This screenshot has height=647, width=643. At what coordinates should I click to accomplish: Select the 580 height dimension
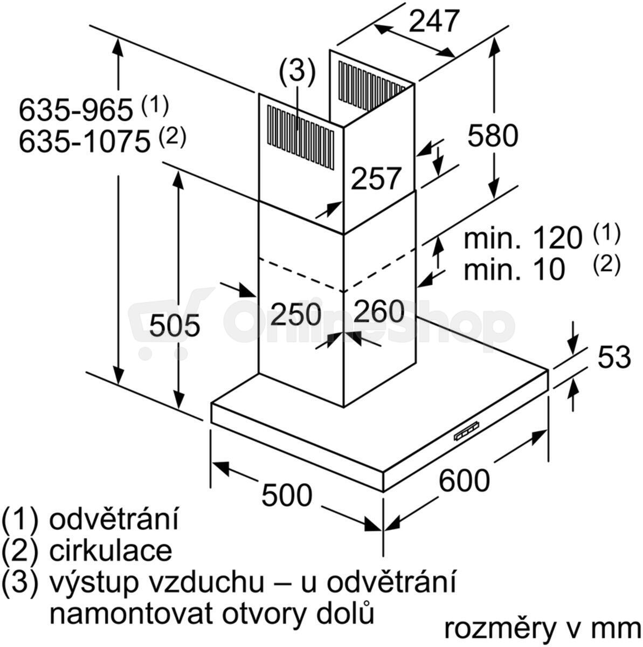tap(493, 135)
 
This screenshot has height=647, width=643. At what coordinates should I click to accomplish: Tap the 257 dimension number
tap(376, 178)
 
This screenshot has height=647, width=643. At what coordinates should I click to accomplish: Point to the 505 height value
tap(174, 325)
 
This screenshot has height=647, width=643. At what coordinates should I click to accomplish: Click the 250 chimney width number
tap(295, 314)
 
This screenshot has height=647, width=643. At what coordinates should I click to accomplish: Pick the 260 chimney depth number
tap(378, 311)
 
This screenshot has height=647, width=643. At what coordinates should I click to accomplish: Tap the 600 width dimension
tap(464, 480)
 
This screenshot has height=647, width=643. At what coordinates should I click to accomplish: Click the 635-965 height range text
tap(75, 110)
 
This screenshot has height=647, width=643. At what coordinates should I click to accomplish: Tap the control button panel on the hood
tap(467, 434)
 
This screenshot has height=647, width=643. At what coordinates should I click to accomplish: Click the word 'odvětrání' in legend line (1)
tap(114, 519)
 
